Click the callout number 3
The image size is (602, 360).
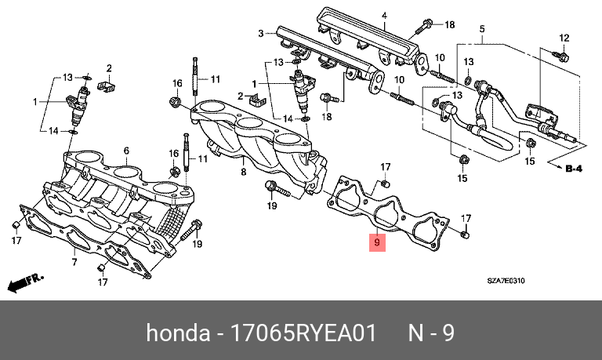(260, 33)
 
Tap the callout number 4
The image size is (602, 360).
(385, 16)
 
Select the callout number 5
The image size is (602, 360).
(483, 29)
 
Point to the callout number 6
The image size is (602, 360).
(126, 151)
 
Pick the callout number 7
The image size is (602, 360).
(74, 261)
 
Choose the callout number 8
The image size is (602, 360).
(243, 171)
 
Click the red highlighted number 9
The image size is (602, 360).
(377, 242)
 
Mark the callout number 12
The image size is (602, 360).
(563, 37)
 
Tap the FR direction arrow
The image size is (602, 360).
(24, 280)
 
